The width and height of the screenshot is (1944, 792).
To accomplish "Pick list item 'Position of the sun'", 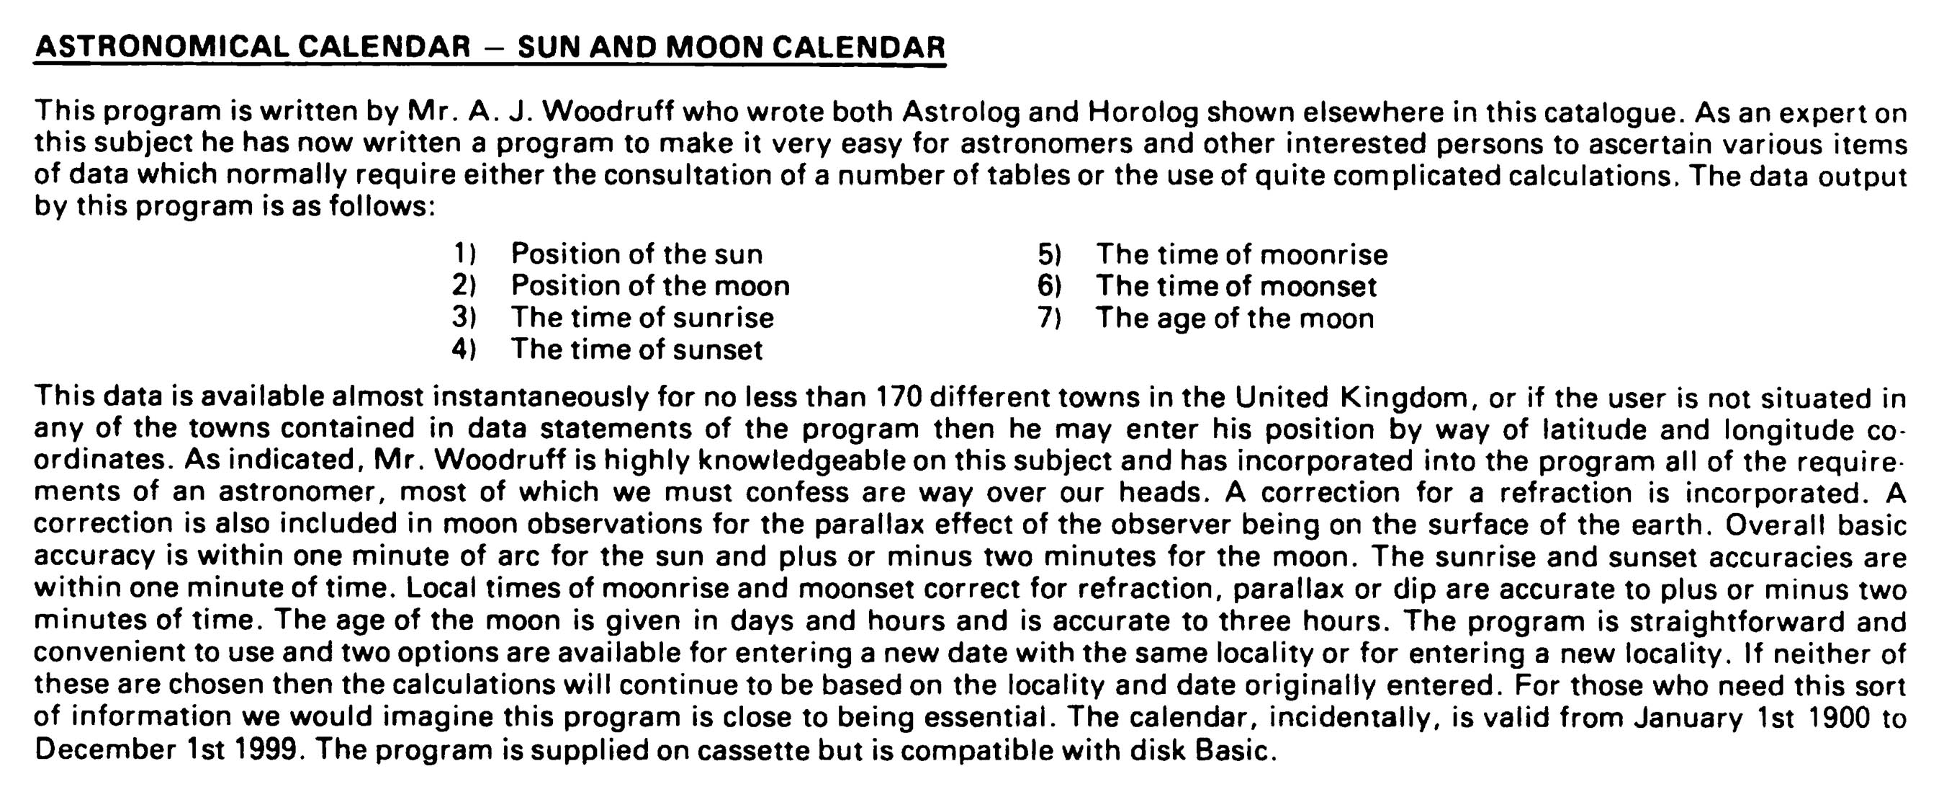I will click(x=636, y=254).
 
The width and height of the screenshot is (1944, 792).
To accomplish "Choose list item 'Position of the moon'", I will click(x=649, y=285).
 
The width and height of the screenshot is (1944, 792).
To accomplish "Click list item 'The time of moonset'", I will click(x=1236, y=286).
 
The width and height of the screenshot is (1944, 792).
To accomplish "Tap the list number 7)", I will click(x=1050, y=318).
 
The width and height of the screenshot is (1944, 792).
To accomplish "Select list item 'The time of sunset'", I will click(x=636, y=350).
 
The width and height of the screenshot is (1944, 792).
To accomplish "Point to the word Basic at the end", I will click(x=1236, y=750).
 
